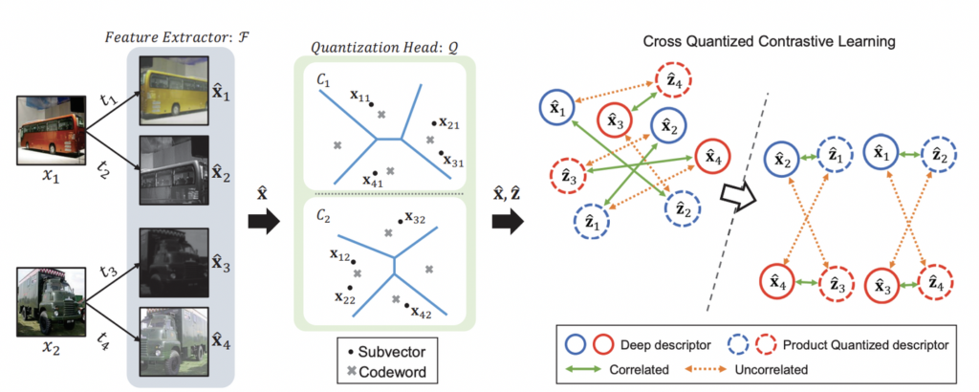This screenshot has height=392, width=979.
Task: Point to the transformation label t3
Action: point(108,273)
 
